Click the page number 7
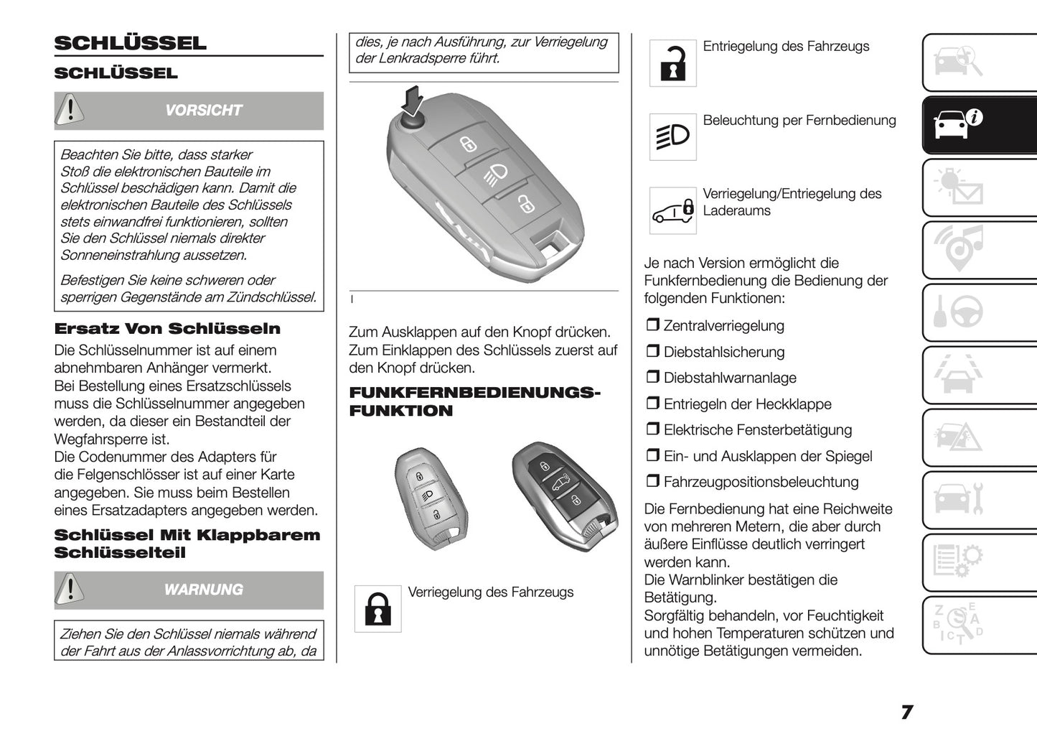coord(906,712)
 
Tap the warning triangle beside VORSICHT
coord(70,110)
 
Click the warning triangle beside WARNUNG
coord(70,590)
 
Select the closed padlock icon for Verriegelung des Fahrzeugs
coord(377,609)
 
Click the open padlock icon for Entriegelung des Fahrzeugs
coord(672,63)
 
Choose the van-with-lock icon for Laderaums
coord(672,210)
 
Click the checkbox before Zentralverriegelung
coord(652,325)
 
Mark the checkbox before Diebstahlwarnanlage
coord(652,378)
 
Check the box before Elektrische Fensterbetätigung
coord(652,429)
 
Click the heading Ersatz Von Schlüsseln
coord(167,329)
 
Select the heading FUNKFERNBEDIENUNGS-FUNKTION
coord(474,401)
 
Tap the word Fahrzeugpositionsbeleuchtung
coord(761,482)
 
